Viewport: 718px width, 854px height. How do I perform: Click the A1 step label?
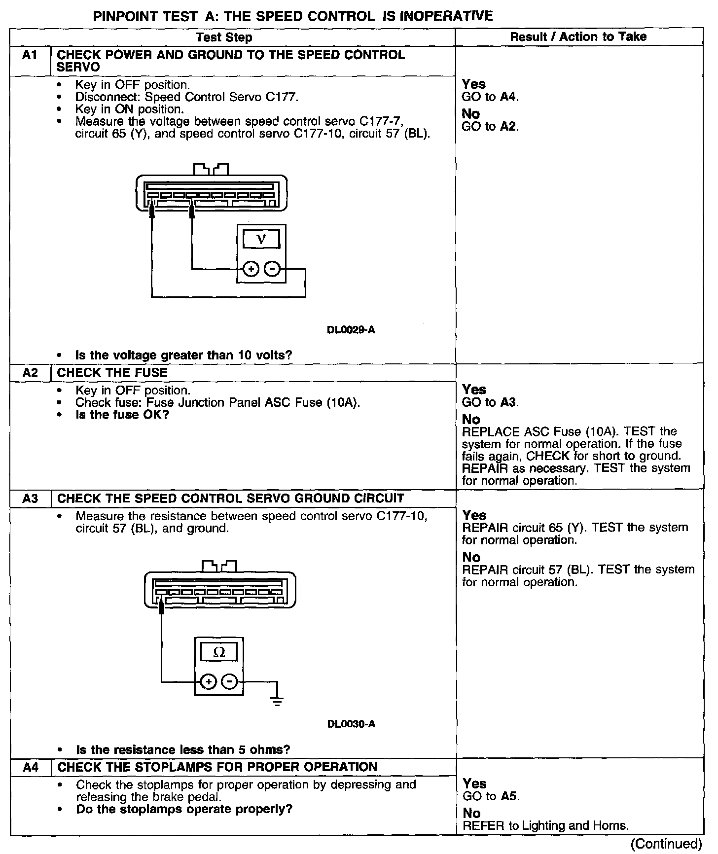click(x=30, y=55)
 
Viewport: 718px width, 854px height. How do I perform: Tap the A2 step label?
click(x=30, y=373)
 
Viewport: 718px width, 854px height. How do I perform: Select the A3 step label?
click(x=30, y=498)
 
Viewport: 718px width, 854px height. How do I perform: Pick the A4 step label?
click(x=31, y=767)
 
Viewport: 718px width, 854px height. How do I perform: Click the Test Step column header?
click(x=224, y=37)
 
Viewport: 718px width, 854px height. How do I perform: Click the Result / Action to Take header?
click(x=578, y=37)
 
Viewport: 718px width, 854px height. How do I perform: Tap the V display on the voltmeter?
click(x=261, y=239)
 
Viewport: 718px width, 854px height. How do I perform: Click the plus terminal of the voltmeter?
click(x=251, y=269)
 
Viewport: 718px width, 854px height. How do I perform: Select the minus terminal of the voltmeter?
click(x=272, y=269)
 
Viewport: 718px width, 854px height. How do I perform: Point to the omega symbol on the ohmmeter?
click(x=219, y=652)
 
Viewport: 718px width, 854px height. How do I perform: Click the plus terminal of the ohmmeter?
click(x=209, y=682)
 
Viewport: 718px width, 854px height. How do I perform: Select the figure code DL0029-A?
click(x=351, y=330)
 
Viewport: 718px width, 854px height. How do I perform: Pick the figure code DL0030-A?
click(x=351, y=724)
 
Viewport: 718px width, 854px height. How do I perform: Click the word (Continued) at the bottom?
click(x=666, y=844)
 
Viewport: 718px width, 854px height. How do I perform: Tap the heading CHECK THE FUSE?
click(x=112, y=373)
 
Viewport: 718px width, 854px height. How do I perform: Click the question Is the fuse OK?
click(x=122, y=415)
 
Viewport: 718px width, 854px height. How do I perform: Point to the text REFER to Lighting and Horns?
click(x=545, y=826)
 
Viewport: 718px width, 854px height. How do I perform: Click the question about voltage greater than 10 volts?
click(x=183, y=355)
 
